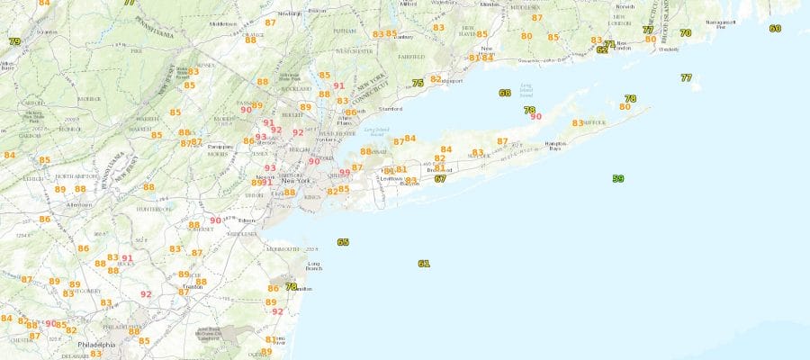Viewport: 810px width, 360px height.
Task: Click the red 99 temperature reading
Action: coord(345,173)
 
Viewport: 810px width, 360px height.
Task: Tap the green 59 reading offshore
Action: coord(617,179)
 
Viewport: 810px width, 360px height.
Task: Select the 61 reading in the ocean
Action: coord(424,264)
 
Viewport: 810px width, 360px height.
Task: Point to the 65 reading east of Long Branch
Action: coord(343,242)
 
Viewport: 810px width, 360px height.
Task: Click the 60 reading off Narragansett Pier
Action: coord(775,28)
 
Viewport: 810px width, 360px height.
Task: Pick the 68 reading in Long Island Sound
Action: coord(504,93)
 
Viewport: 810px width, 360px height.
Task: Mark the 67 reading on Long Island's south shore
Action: coord(440,178)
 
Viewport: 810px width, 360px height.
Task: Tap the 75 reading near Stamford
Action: coord(418,84)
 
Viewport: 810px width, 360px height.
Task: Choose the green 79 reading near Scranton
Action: coord(14,41)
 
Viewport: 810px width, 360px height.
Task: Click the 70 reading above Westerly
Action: coord(686,33)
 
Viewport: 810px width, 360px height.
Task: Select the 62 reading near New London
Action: coord(601,49)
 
